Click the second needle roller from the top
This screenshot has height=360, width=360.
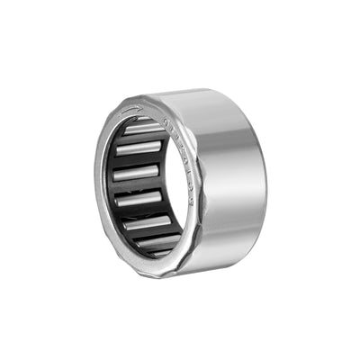pyautogui.click(x=139, y=148)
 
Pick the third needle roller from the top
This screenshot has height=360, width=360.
pyautogui.click(x=138, y=171)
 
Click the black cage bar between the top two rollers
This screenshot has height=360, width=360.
pyautogui.click(x=142, y=138)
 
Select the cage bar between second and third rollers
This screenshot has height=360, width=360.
pyautogui.click(x=138, y=159)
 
